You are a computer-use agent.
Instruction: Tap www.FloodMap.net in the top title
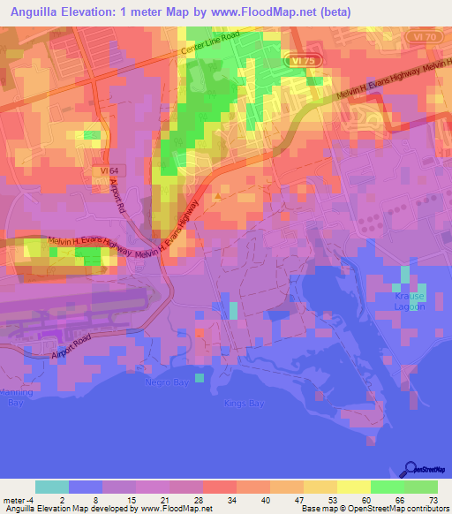pyautogui.click(x=267, y=11)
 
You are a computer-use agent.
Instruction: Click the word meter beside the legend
pyautogui.click(x=13, y=499)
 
